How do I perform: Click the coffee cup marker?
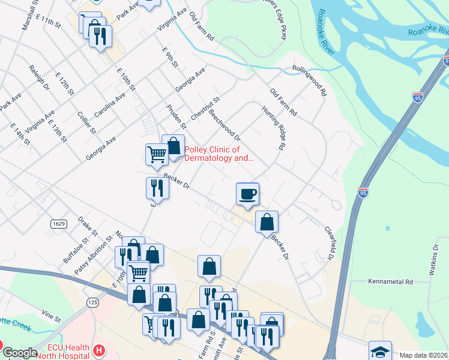[247, 194]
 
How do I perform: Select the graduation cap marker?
[380, 352]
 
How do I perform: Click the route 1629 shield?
[58, 223]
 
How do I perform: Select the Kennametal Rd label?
[392, 281]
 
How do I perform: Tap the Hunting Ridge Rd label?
[273, 128]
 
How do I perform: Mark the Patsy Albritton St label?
[94, 255]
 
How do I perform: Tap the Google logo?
[20, 353]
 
